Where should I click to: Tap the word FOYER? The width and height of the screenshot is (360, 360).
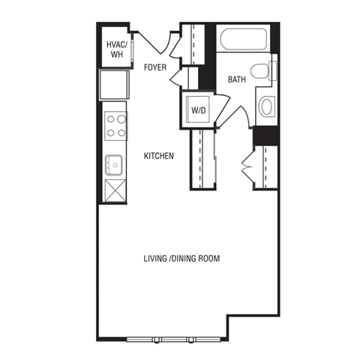pos(156,67)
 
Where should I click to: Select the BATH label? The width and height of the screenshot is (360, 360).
pos(237,79)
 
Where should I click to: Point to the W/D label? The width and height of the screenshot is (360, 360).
pos(198,110)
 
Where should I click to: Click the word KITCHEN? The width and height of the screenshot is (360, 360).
pos(159,156)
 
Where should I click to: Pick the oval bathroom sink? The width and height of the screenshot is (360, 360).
pos(266,106)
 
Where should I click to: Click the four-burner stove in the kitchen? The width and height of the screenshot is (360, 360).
pos(115,125)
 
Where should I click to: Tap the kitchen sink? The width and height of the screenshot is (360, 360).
pos(115,163)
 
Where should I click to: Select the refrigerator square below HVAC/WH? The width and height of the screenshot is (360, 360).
pos(115,84)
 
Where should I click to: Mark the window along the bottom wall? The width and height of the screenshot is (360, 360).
pos(172,339)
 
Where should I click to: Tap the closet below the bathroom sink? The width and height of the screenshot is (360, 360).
pos(266,166)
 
